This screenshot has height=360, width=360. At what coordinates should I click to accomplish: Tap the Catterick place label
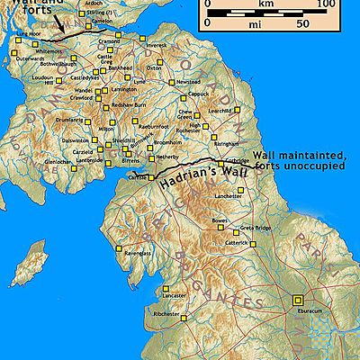(x=238, y=242)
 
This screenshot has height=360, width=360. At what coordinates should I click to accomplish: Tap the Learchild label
(x=220, y=111)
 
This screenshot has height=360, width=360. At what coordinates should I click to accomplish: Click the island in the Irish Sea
(x=31, y=265)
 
